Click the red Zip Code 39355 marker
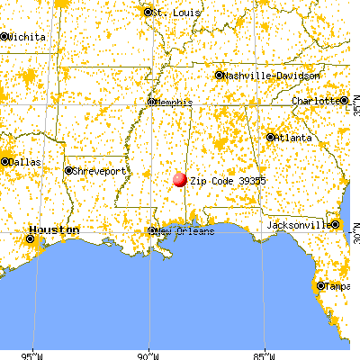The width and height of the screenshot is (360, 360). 179,180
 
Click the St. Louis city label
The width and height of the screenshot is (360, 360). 173,13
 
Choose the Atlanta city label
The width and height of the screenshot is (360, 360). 294,138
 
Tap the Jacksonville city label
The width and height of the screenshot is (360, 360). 300,222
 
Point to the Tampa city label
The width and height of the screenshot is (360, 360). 337,286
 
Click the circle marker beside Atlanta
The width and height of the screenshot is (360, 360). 270,138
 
